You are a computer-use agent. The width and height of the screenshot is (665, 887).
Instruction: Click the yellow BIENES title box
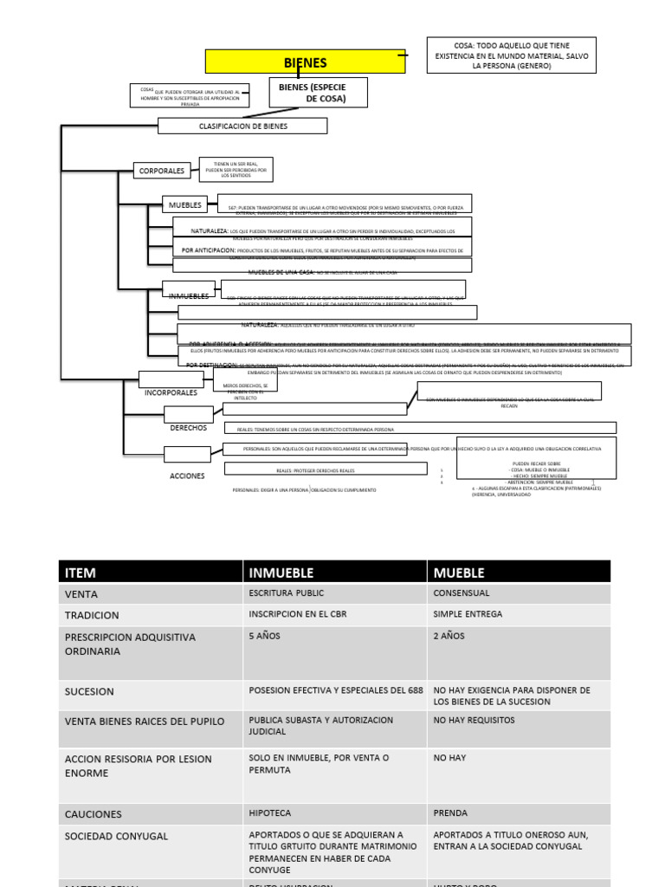point(305,62)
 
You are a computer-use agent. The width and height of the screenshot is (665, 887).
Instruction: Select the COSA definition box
point(511,55)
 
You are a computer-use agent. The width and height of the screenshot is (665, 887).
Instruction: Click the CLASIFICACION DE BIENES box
point(242,126)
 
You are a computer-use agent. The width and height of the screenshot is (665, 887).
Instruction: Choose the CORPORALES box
point(162,171)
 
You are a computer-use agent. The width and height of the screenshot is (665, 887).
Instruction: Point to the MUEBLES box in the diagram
point(185,205)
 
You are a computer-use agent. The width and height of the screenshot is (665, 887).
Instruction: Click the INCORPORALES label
point(171,392)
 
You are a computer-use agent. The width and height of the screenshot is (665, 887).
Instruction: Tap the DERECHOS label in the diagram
point(188,428)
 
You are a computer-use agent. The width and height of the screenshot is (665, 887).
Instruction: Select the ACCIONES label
point(187,476)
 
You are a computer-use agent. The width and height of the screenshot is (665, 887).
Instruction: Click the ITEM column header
point(81,573)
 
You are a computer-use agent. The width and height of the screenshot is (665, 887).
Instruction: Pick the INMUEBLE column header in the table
point(281,573)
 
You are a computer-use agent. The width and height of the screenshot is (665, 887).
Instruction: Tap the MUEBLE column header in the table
point(459,573)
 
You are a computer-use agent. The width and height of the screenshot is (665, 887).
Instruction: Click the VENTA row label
point(81,594)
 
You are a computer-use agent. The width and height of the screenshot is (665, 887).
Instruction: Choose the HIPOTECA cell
point(272,813)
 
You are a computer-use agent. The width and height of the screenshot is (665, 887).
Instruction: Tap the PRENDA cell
point(450,813)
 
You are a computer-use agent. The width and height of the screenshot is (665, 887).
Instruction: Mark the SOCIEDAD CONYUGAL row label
point(116,837)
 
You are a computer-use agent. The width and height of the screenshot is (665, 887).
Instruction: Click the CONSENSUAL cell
point(462,593)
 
